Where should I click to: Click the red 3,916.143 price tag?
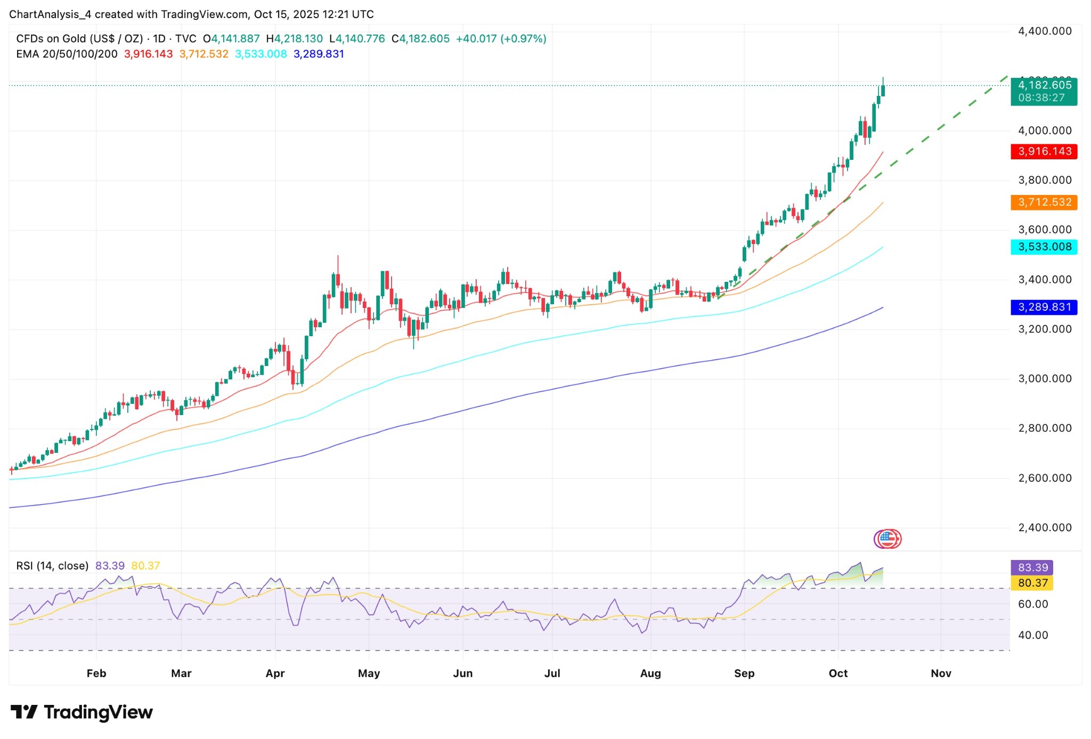[x=1044, y=151]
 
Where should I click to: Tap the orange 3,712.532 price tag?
[x=1044, y=202]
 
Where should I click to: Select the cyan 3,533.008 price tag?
[x=1044, y=247]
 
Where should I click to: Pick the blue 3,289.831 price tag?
[x=1044, y=307]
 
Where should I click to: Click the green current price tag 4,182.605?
[x=1044, y=91]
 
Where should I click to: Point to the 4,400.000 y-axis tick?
[x=1045, y=31]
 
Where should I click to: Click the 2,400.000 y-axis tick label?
[x=1045, y=527]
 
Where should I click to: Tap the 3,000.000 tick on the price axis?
[x=1045, y=379]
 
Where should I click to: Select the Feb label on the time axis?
[x=96, y=673]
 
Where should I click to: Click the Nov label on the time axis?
[x=941, y=673]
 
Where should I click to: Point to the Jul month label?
[x=552, y=673]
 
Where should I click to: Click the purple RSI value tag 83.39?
[x=1032, y=567]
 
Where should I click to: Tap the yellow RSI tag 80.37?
[x=1032, y=583]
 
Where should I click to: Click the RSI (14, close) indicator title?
[x=52, y=566]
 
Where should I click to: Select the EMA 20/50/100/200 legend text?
[x=67, y=54]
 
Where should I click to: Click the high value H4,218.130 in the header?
[x=295, y=39]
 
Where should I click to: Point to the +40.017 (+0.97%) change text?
[x=501, y=39]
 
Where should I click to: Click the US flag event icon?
[x=888, y=539]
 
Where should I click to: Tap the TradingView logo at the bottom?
[x=82, y=712]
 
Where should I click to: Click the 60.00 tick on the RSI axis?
[x=1032, y=604]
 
